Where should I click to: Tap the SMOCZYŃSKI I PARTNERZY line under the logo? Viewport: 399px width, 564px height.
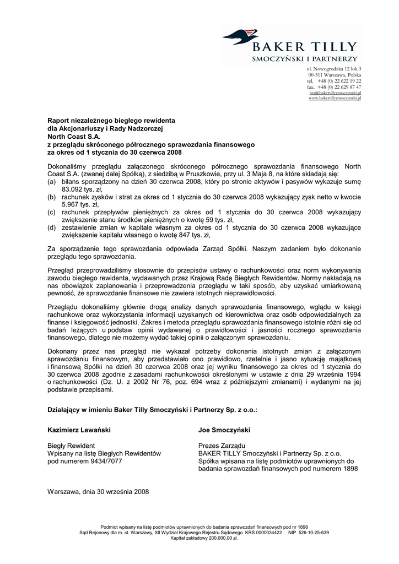[x=304, y=58]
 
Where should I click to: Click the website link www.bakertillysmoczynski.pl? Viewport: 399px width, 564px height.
[x=335, y=98]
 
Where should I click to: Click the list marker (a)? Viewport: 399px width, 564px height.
[x=52, y=181]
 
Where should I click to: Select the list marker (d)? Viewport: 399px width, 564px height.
[x=52, y=227]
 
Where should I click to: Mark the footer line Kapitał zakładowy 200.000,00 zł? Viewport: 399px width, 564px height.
[x=199, y=538]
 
